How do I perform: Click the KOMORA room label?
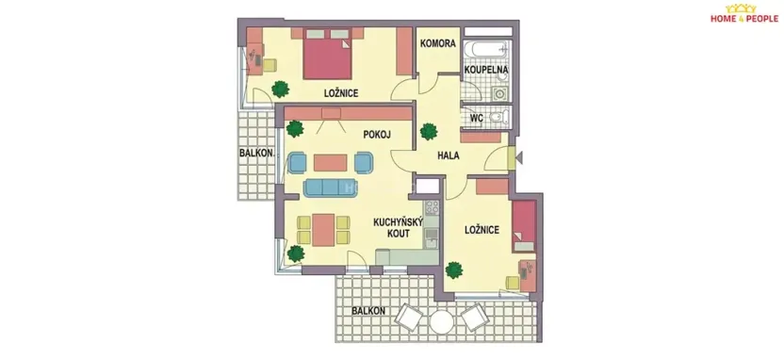pos(438,43)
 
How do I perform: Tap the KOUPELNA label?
pos(486,70)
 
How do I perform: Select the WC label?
pos(476,119)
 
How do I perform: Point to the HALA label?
pos(448,156)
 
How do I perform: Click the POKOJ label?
pos(376,134)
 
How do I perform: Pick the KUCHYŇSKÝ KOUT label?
pos(392,227)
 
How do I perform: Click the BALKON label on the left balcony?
pos(255,153)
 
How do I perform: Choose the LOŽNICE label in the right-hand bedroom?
pos(482,229)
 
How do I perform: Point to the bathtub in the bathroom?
pos(487,45)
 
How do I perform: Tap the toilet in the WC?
pos(500,118)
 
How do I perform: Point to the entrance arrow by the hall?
pos(514,157)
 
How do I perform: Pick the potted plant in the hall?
pos(430,130)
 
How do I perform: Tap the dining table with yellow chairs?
pos(323,229)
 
